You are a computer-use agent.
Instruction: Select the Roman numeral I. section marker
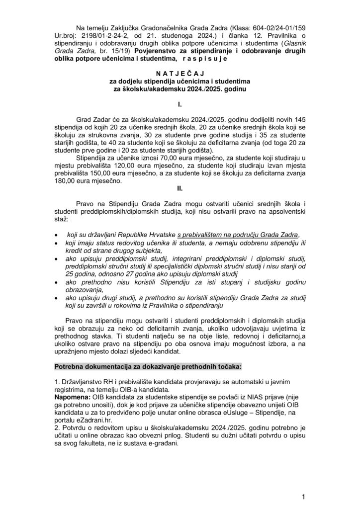[180, 105]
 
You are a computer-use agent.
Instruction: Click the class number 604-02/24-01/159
[269, 28]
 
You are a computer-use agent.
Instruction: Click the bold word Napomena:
[73, 396]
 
